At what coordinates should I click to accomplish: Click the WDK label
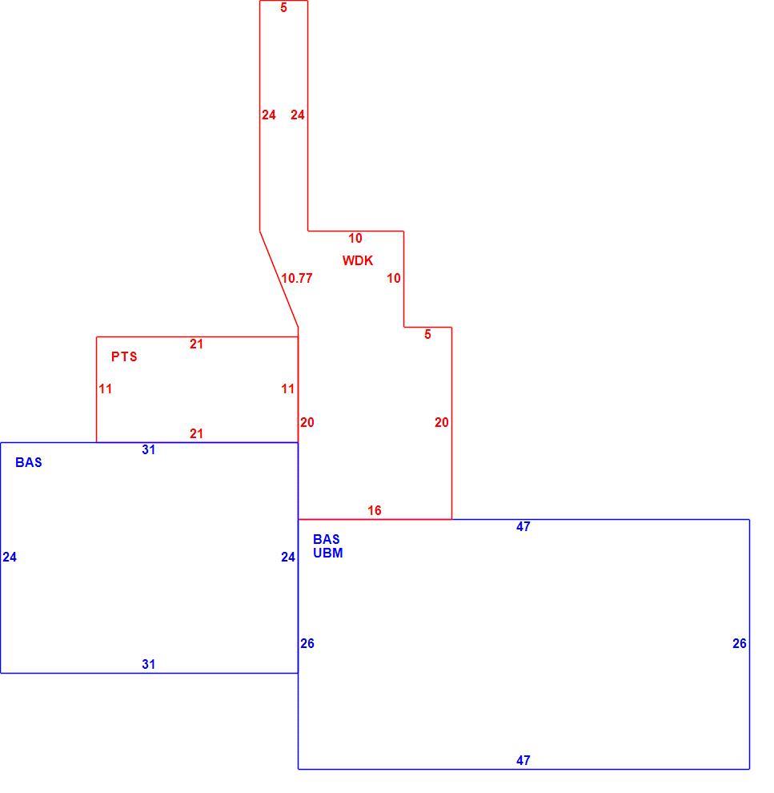[x=358, y=260]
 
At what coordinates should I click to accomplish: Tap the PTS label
[x=124, y=356]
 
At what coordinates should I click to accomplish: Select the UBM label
[x=328, y=553]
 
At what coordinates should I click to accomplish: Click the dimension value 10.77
[x=297, y=278]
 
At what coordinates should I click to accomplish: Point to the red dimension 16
[x=375, y=510]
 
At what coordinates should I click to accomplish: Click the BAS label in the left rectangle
[x=29, y=462]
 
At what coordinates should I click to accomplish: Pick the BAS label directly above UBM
[x=327, y=539]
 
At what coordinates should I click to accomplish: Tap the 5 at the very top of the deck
[x=283, y=7]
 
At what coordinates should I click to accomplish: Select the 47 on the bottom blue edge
[x=523, y=760]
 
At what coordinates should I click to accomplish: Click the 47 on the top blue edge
[x=523, y=526]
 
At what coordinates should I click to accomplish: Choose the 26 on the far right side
[x=739, y=643]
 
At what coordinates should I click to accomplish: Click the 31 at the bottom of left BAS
[x=149, y=664]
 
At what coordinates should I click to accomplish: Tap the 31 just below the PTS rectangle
[x=149, y=449]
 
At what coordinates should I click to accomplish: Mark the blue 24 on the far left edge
[x=10, y=557]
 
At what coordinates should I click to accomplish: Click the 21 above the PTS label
[x=197, y=344]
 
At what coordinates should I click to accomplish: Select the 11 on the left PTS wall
[x=105, y=389]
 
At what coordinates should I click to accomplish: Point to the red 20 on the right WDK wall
[x=442, y=422]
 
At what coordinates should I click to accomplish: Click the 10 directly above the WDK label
[x=355, y=238]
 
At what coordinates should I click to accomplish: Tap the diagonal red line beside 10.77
[x=279, y=280]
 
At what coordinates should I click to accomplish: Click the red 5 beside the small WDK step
[x=427, y=334]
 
